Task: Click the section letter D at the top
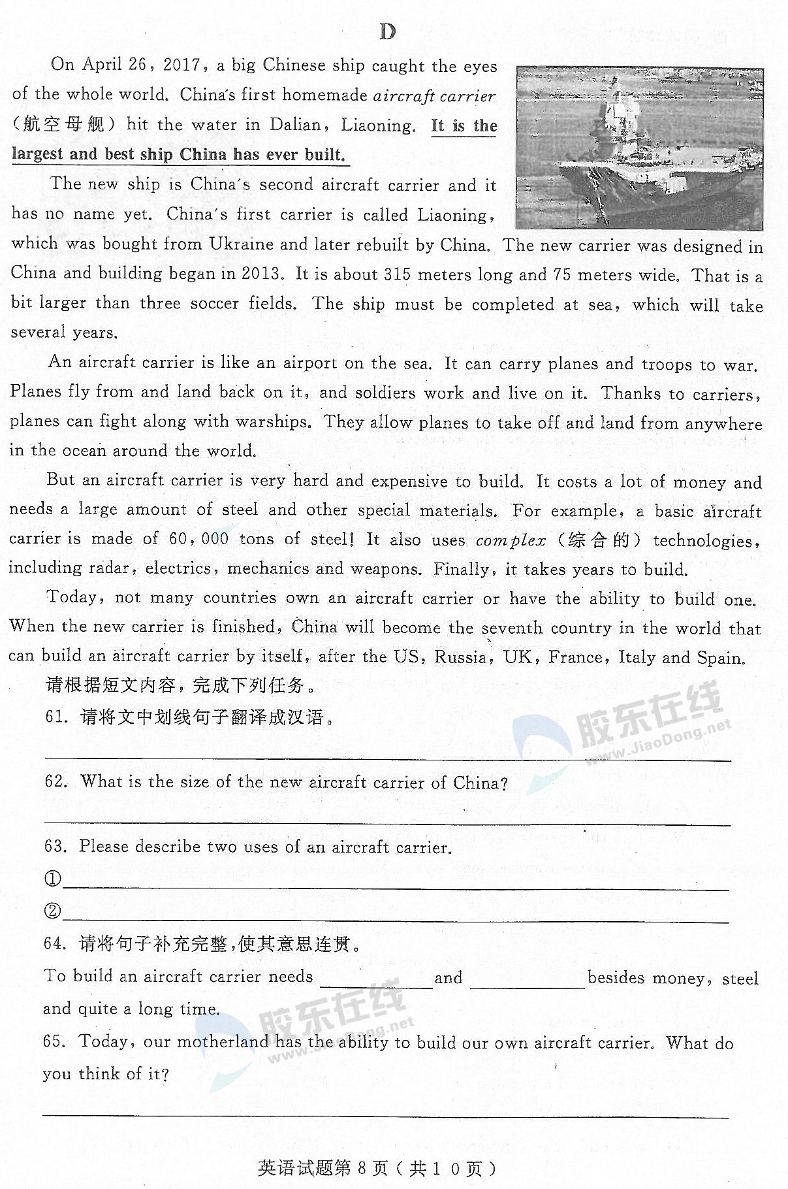click(x=387, y=31)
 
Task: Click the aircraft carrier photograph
click(x=638, y=148)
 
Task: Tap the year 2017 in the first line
click(x=181, y=65)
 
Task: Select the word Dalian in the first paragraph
click(x=295, y=125)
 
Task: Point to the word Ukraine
click(x=242, y=244)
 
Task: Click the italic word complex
click(x=511, y=540)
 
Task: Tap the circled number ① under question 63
click(x=52, y=879)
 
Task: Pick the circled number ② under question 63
click(x=52, y=911)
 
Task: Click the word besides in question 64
click(x=617, y=977)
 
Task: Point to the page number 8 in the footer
click(x=362, y=1168)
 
